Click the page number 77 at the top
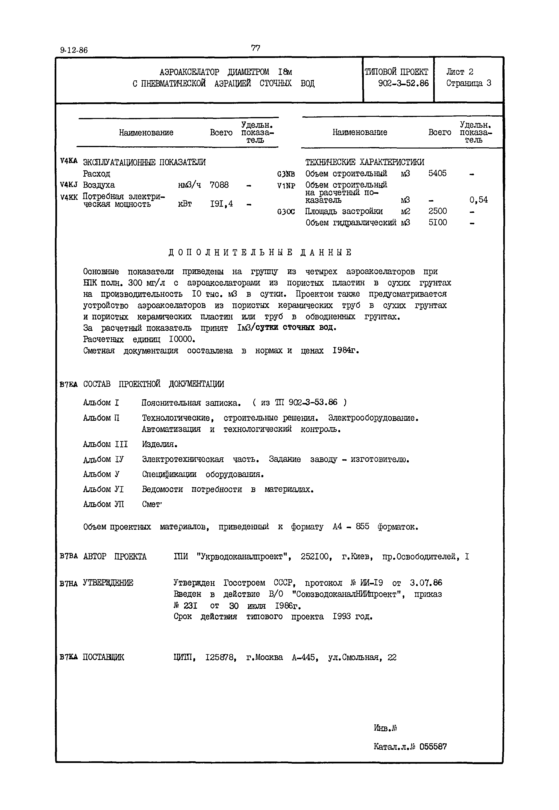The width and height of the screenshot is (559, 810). pos(256,48)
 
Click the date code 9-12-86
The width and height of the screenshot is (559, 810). pos(74,50)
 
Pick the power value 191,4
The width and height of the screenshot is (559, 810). pos(221,204)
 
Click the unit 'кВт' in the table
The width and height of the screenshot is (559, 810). pos(185,204)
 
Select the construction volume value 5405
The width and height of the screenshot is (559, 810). pos(437,174)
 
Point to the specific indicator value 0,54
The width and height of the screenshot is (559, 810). pos(478,200)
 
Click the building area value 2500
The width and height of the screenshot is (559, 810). pos(437,211)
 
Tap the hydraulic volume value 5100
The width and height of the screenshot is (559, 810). pos(437,223)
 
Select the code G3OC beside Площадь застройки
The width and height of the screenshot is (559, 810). pos(286,212)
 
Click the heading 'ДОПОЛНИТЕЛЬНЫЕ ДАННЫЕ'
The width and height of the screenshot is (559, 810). pos(260,252)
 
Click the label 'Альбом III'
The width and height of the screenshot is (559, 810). pos(105,444)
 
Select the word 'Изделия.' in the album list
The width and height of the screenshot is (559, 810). pos(160,444)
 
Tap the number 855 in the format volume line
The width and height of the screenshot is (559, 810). pos(362,527)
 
